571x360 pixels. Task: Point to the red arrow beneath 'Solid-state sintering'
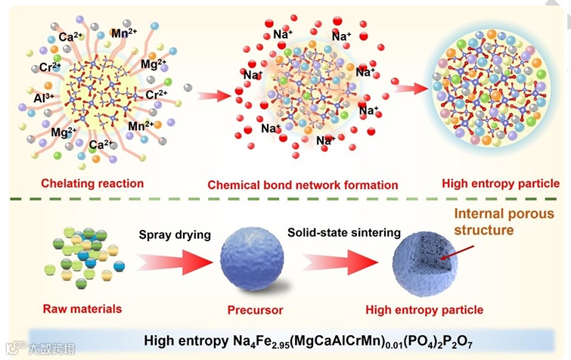[x=339, y=264]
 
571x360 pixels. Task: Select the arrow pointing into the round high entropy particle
[x=409, y=88]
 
